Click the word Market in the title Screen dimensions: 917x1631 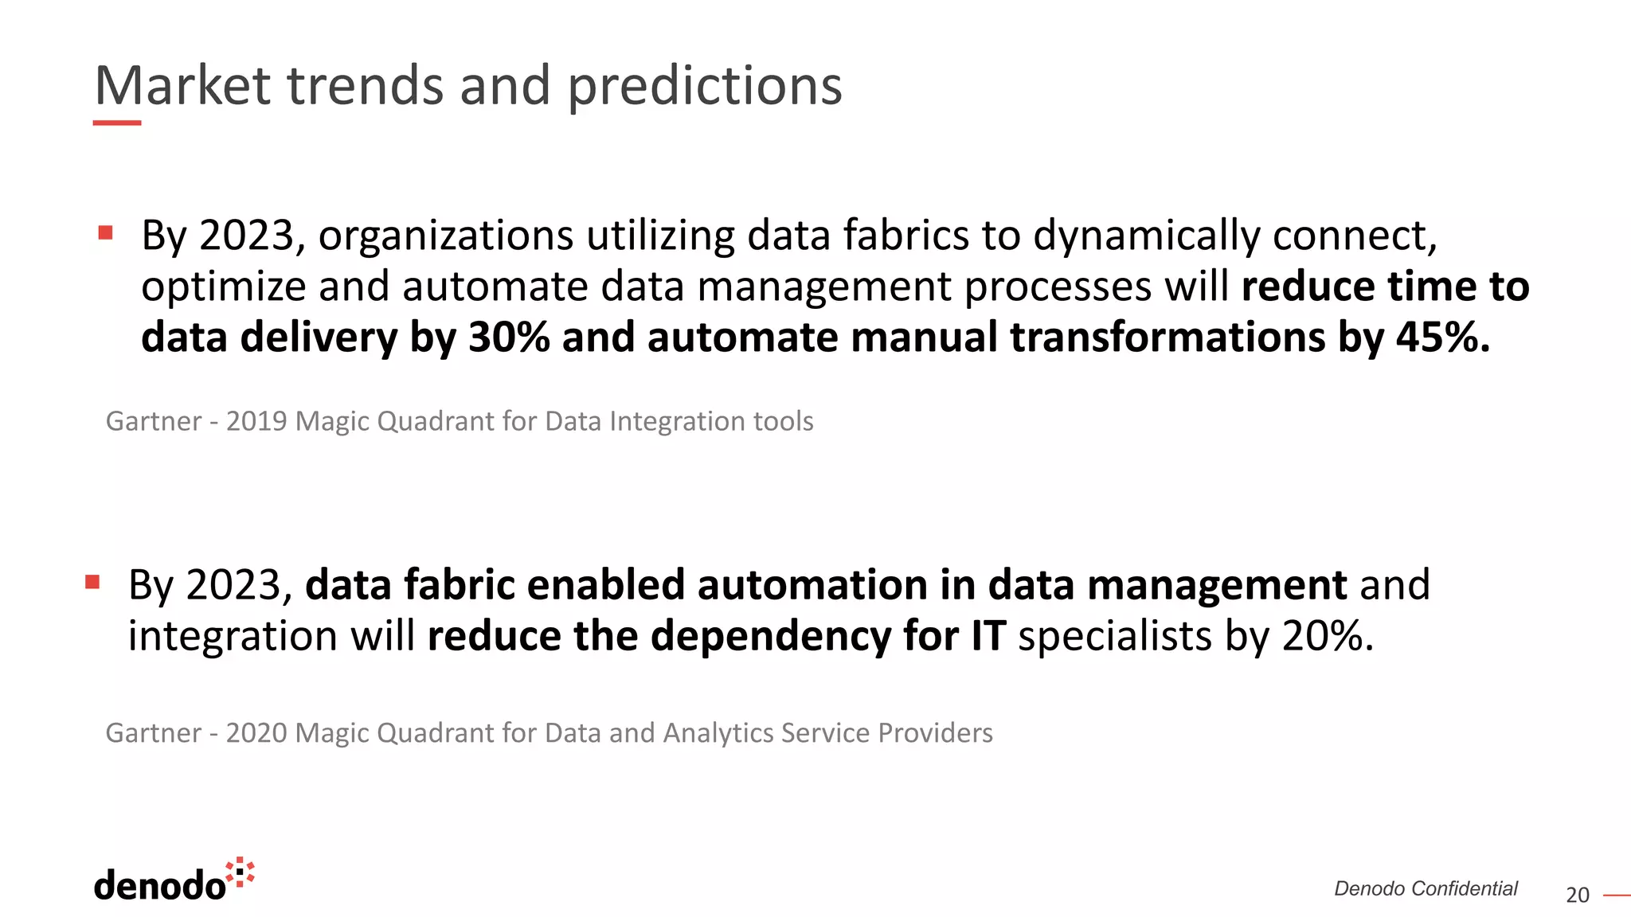pos(182,86)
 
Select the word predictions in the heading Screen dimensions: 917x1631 pos(704,86)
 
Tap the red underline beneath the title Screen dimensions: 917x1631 pos(117,123)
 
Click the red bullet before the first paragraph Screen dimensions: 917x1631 pos(105,232)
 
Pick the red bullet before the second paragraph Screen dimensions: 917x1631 pos(92,582)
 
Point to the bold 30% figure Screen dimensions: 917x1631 pos(509,337)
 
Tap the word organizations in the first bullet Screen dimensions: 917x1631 pos(446,236)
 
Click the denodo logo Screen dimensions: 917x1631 pos(174,881)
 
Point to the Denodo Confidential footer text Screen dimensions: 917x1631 pos(1426,888)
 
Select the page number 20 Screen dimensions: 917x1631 pos(1577,896)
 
